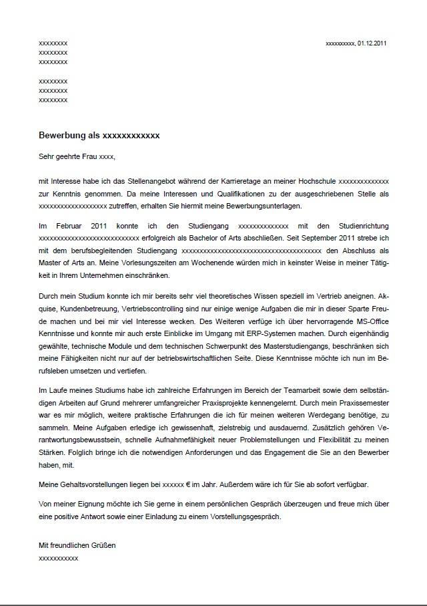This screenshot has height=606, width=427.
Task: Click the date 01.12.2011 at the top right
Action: click(372, 43)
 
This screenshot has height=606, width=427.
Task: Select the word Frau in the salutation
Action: click(88, 157)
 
